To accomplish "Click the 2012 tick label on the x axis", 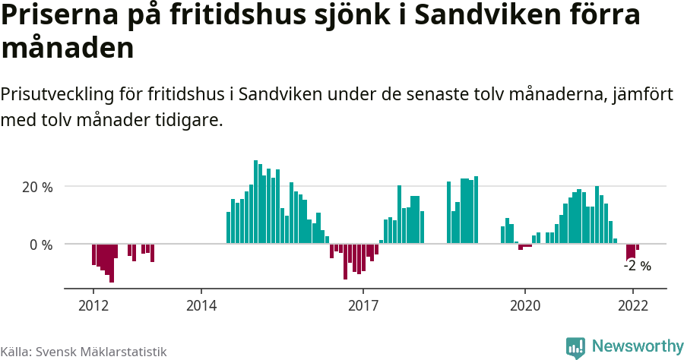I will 93,305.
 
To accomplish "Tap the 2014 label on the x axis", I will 201,305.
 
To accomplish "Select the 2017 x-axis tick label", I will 363,305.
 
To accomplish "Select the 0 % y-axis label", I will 41,245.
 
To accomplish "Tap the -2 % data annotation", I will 637,266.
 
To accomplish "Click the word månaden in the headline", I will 68,49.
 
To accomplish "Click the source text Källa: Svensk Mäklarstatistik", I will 84,352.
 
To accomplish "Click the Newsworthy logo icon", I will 575,347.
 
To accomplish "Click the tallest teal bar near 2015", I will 255,202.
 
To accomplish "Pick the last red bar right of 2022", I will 638,248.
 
